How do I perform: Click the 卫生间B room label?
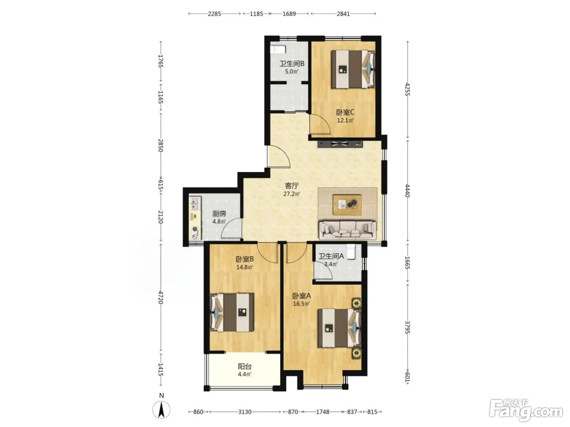292,63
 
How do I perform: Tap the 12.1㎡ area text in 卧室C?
345,120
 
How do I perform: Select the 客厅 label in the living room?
292,185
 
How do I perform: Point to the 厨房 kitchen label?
219,213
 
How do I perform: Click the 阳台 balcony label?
245,366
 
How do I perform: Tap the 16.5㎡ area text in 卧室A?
302,304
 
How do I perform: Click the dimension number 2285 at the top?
214,14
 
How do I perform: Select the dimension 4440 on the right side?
408,191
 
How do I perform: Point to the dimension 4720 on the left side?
161,297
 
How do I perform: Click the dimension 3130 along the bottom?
245,412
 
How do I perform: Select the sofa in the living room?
348,230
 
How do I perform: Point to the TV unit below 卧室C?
340,144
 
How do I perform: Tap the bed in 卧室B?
232,312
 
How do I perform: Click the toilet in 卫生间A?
351,251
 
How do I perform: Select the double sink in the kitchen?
195,203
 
